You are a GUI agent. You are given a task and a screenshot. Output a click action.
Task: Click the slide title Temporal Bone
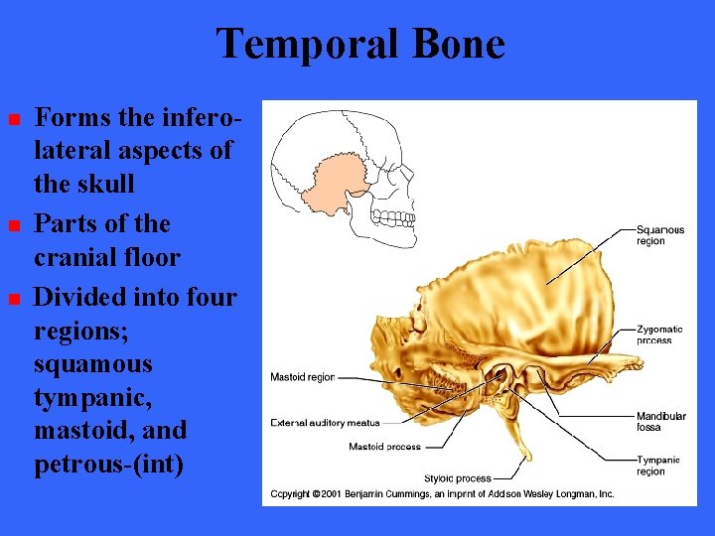(359, 44)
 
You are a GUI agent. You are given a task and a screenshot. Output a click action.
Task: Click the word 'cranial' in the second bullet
(75, 258)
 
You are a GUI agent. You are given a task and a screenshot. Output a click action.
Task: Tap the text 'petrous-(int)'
(108, 464)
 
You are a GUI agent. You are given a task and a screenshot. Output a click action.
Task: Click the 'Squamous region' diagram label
(660, 235)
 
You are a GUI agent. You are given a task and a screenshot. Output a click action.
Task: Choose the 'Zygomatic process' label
(659, 335)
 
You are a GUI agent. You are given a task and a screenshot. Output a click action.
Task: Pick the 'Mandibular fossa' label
(660, 421)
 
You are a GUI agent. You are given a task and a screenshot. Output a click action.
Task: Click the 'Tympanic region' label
(658, 466)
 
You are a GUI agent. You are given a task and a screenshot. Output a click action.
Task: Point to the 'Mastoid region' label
(302, 377)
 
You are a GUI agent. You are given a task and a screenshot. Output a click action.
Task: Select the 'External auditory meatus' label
(325, 423)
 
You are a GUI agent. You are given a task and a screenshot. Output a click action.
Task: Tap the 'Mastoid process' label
(384, 447)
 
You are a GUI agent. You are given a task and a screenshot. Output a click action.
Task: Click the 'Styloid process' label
(458, 478)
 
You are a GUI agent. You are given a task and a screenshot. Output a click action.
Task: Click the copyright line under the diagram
(442, 493)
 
